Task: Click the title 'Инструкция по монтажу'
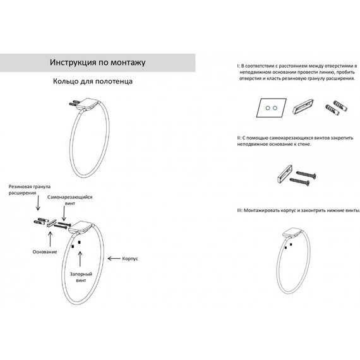pyautogui.click(x=97, y=63)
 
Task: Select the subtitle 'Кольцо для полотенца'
pyautogui.click(x=93, y=81)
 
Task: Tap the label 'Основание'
pyautogui.click(x=45, y=252)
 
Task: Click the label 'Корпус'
pyautogui.click(x=130, y=258)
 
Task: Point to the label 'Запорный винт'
pyautogui.click(x=81, y=277)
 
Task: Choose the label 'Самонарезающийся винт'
pyautogui.click(x=70, y=200)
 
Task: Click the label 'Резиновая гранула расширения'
pyautogui.click(x=30, y=189)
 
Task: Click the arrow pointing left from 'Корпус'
pyautogui.click(x=114, y=259)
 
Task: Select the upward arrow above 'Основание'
pyautogui.click(x=51, y=239)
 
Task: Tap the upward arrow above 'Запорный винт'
pyautogui.click(x=80, y=259)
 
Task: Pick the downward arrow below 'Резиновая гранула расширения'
pyautogui.click(x=38, y=203)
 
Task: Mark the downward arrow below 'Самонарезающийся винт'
pyautogui.click(x=64, y=213)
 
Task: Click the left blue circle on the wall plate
pyautogui.click(x=268, y=107)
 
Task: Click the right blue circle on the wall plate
pyautogui.click(x=275, y=107)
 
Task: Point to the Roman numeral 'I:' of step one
pyautogui.click(x=239, y=66)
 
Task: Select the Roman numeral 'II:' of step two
pyautogui.click(x=239, y=138)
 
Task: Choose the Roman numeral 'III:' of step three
pyautogui.click(x=240, y=210)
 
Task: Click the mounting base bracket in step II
pyautogui.click(x=284, y=174)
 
